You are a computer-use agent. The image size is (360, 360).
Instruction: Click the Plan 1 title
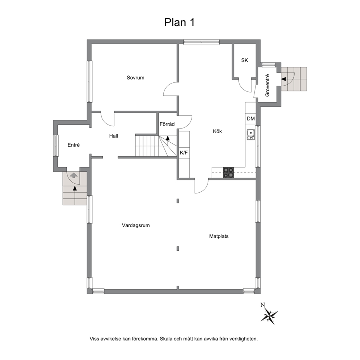(x=180, y=22)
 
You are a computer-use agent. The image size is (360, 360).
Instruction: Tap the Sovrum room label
(x=135, y=78)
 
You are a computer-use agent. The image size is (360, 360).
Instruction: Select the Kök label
(x=217, y=131)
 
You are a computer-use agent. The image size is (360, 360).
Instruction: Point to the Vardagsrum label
(x=136, y=225)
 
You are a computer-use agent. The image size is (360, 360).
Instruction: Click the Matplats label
(x=219, y=236)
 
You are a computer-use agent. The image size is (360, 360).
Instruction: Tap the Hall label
(x=114, y=136)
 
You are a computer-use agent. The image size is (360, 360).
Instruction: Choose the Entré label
(x=73, y=145)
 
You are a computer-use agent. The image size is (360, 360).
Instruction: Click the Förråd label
(x=167, y=124)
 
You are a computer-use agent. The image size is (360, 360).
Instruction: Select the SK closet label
(x=245, y=60)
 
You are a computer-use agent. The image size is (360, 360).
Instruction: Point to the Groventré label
(x=267, y=85)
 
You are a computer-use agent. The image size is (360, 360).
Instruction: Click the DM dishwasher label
(x=251, y=119)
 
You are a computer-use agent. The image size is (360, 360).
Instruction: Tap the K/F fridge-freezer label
(x=184, y=153)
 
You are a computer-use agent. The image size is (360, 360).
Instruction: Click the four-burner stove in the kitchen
(x=229, y=173)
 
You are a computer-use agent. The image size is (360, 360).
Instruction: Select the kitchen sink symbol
(x=250, y=135)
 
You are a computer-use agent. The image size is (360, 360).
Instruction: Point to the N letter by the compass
(x=263, y=305)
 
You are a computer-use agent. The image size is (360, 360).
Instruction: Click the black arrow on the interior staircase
(x=168, y=138)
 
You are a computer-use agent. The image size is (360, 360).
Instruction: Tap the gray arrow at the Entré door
(x=74, y=175)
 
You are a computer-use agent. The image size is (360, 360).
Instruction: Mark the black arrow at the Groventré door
(x=284, y=79)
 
